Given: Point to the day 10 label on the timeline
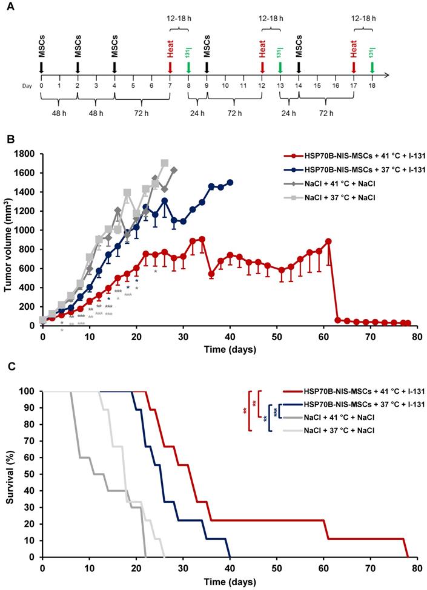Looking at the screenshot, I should click(x=225, y=85).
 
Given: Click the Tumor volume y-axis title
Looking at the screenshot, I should click(x=8, y=239).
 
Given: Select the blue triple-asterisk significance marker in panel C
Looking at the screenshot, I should click(x=275, y=411).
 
